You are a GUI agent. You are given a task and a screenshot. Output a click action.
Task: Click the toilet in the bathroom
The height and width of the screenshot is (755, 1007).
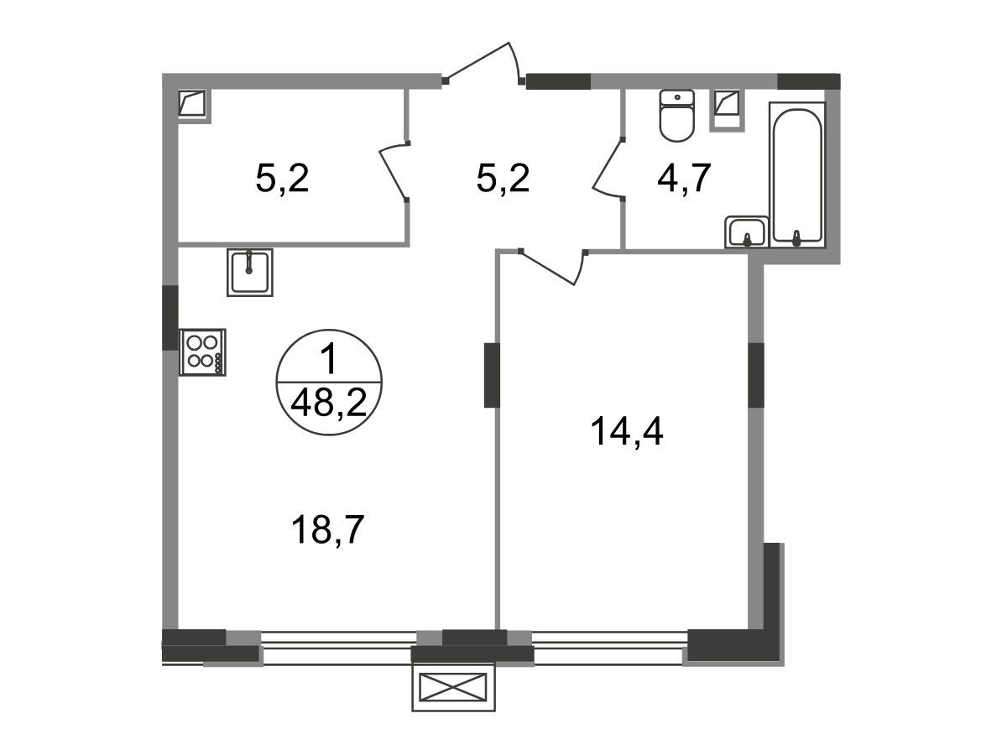[676, 115]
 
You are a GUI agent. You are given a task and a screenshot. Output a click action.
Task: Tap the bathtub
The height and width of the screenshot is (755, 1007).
[797, 174]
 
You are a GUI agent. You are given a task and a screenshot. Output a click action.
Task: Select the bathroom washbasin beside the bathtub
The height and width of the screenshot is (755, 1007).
[746, 232]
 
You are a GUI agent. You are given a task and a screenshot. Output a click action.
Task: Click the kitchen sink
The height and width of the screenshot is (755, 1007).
[249, 273]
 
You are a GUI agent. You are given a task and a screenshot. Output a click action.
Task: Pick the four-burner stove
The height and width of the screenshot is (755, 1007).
[202, 352]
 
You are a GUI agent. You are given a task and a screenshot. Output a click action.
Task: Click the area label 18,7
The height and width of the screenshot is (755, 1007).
[327, 530]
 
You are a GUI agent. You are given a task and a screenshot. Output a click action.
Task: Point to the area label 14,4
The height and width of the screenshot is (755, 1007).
[626, 431]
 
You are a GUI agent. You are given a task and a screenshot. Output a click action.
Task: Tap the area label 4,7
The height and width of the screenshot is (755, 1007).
[684, 179]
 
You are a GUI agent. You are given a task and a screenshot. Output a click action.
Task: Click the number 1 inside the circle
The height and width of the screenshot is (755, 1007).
[329, 360]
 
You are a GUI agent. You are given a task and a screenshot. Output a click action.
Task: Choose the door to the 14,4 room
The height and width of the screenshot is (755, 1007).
[554, 267]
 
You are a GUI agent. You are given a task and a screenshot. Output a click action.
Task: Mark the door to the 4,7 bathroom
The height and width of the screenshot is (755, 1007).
[608, 169]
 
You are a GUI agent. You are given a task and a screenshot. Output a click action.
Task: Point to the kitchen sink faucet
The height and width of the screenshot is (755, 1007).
[249, 263]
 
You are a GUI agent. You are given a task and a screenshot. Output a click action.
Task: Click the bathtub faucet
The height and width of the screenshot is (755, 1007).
[797, 238]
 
